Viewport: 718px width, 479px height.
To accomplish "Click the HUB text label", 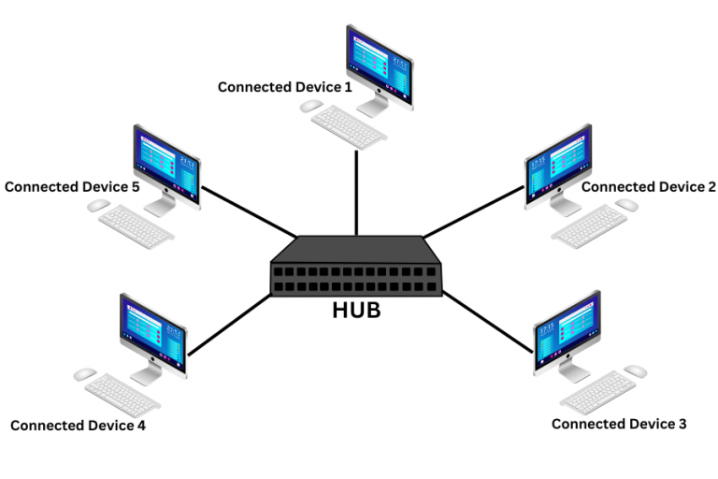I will pos(356,311).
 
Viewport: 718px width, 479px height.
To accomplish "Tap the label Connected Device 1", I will pos(285,87).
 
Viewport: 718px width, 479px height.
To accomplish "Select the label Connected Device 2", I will pos(648,187).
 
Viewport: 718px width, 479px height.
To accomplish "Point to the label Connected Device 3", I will pos(619,424).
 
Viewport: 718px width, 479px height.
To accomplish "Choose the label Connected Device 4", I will pos(78,426).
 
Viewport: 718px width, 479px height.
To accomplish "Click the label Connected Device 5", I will pos(72,187).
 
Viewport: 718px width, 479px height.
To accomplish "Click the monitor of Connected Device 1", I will pos(379,61).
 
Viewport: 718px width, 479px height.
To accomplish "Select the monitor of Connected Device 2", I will pos(559,164).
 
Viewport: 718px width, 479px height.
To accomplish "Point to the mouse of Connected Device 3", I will pos(636,371).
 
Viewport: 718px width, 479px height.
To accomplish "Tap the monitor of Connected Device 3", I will pos(567,332).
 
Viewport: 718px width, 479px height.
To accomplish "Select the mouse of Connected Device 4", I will pos(84,373).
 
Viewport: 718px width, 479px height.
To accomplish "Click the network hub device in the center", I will pos(356,268).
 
